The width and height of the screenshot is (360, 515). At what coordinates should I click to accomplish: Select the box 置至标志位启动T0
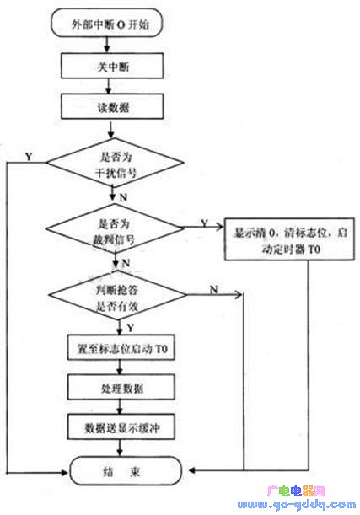click(121, 349)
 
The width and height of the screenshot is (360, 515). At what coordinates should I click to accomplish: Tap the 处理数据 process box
click(121, 389)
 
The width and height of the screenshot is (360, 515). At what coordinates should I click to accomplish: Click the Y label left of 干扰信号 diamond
click(30, 156)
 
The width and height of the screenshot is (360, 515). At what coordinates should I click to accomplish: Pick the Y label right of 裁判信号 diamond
click(205, 223)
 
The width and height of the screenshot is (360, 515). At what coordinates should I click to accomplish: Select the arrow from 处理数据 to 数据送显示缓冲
click(121, 409)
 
